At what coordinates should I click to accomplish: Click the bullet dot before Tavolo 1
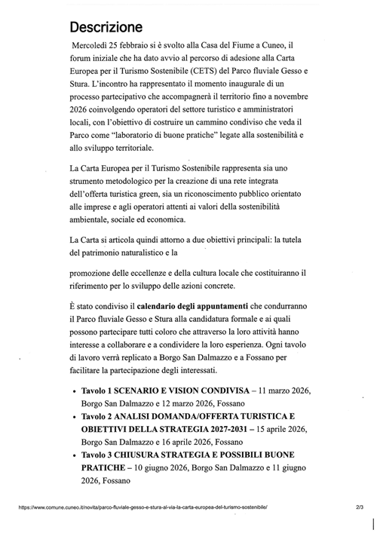(72, 393)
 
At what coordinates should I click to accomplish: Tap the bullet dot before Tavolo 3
(72, 457)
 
